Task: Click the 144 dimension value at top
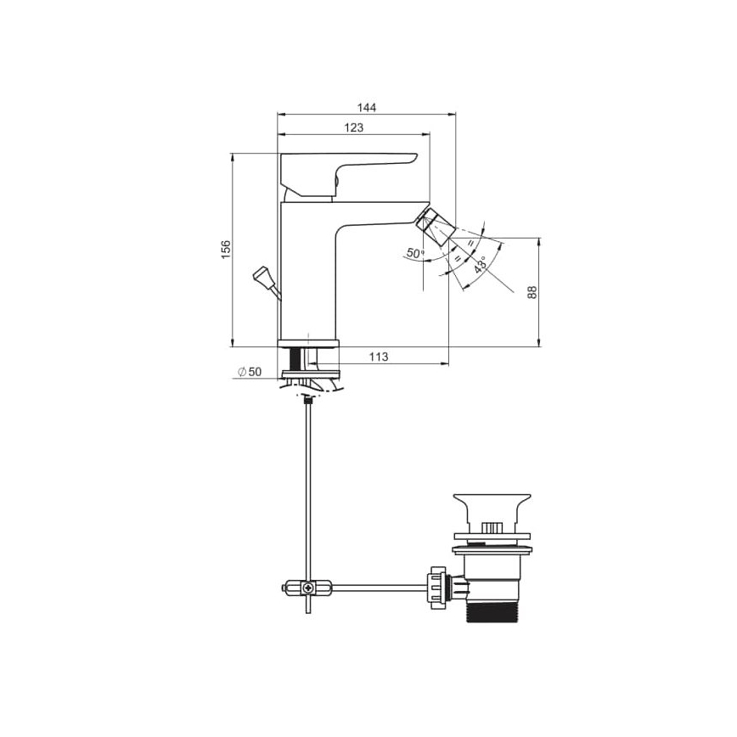coord(366,107)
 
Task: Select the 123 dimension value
coord(354,127)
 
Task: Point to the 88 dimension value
coord(532,291)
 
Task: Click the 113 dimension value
coord(379,357)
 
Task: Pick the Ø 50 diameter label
coord(250,372)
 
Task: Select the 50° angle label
coord(415,253)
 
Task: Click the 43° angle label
coord(481,265)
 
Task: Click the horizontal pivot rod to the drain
coord(374,586)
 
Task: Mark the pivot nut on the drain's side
coord(437,585)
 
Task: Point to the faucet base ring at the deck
coord(308,343)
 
